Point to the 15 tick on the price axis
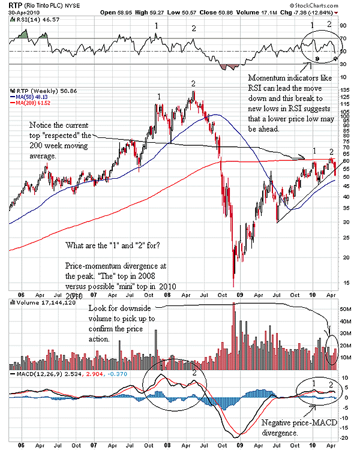(343, 282)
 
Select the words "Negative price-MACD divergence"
(292, 427)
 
